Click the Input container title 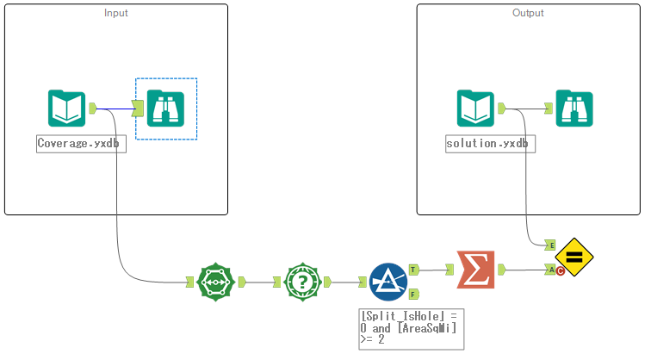[x=116, y=13]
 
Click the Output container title [x=528, y=13]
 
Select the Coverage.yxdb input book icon [x=66, y=109]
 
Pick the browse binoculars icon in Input [x=166, y=109]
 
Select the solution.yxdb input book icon [x=476, y=109]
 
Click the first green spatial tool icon [x=215, y=282]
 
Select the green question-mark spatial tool [x=302, y=282]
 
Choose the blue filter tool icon [x=387, y=282]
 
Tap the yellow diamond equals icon [x=574, y=256]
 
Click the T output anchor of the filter [x=413, y=269]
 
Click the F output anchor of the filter [x=413, y=294]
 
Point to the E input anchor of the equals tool [x=551, y=245]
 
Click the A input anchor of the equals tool [x=551, y=270]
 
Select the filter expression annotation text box [x=410, y=329]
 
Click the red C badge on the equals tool [x=561, y=272]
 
